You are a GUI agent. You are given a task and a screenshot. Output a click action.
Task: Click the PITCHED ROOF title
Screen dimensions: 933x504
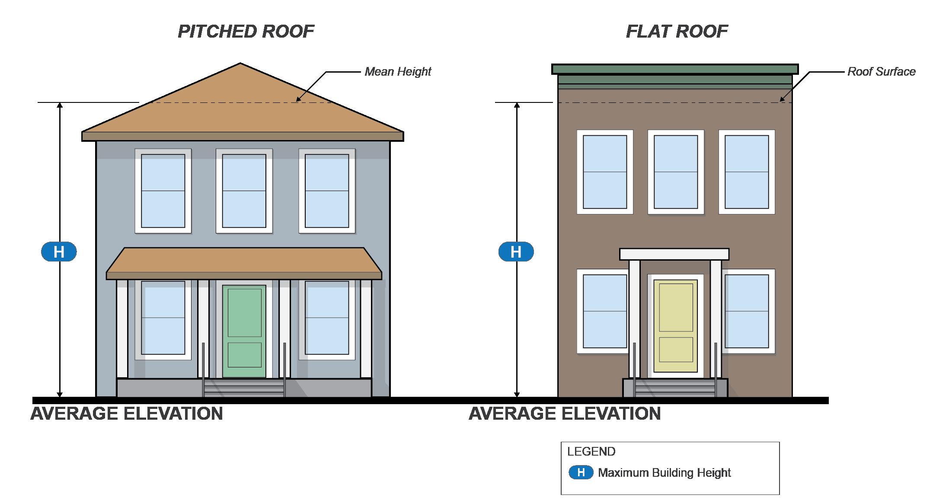coord(246,32)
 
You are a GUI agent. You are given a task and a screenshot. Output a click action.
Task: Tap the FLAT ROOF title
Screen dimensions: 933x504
coord(677,32)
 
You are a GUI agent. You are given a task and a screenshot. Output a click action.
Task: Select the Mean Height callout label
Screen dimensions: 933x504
coord(398,71)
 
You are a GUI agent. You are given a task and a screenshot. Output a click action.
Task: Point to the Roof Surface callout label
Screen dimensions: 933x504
coord(881,71)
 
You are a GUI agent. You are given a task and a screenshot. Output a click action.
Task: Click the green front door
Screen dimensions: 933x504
coord(244,331)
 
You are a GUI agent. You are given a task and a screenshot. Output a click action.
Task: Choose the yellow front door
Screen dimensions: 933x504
coord(675,326)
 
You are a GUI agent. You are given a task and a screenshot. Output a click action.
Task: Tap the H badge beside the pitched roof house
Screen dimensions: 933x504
coord(59,252)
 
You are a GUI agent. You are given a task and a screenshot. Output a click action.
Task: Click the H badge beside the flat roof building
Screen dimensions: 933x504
coord(516,252)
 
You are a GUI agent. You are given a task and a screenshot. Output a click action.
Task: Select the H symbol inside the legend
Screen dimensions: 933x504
coord(581,472)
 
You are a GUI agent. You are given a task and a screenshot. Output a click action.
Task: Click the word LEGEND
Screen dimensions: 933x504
coord(591,452)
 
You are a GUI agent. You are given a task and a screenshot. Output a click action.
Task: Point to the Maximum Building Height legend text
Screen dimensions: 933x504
coord(664,473)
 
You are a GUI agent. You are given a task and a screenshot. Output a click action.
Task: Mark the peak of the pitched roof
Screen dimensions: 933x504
coord(240,64)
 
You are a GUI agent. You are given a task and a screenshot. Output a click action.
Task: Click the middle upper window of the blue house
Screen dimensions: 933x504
coord(244,191)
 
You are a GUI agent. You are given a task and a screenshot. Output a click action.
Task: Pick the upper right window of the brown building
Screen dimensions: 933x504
coord(747,172)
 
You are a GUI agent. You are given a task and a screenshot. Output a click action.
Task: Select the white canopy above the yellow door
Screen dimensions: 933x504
coord(674,254)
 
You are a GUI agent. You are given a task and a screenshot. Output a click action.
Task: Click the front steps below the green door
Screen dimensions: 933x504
coord(244,388)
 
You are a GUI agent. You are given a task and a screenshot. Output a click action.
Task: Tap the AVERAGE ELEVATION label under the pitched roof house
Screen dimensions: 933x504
coord(127,414)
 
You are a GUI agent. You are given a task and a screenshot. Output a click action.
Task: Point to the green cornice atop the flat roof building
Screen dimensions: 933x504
coord(675,69)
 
